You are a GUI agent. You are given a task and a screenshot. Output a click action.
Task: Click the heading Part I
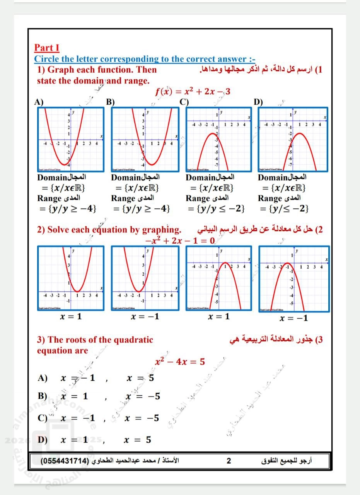pos(47,48)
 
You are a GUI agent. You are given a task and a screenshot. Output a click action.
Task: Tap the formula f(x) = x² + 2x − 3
pos(193,92)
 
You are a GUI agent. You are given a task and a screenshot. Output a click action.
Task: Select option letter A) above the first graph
pos(38,102)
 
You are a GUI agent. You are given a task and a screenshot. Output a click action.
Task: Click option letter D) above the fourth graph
pos(258,102)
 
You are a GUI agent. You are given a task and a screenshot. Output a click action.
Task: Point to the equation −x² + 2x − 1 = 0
pos(180,241)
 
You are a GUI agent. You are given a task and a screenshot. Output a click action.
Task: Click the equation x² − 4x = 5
pos(180,362)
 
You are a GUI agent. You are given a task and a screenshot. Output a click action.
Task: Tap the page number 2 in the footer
pos(229,461)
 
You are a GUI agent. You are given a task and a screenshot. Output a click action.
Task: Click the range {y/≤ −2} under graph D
pos(284,209)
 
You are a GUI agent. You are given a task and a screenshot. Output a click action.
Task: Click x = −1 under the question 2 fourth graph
pos(294,318)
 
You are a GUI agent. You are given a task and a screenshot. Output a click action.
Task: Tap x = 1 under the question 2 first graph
pos(71,316)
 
